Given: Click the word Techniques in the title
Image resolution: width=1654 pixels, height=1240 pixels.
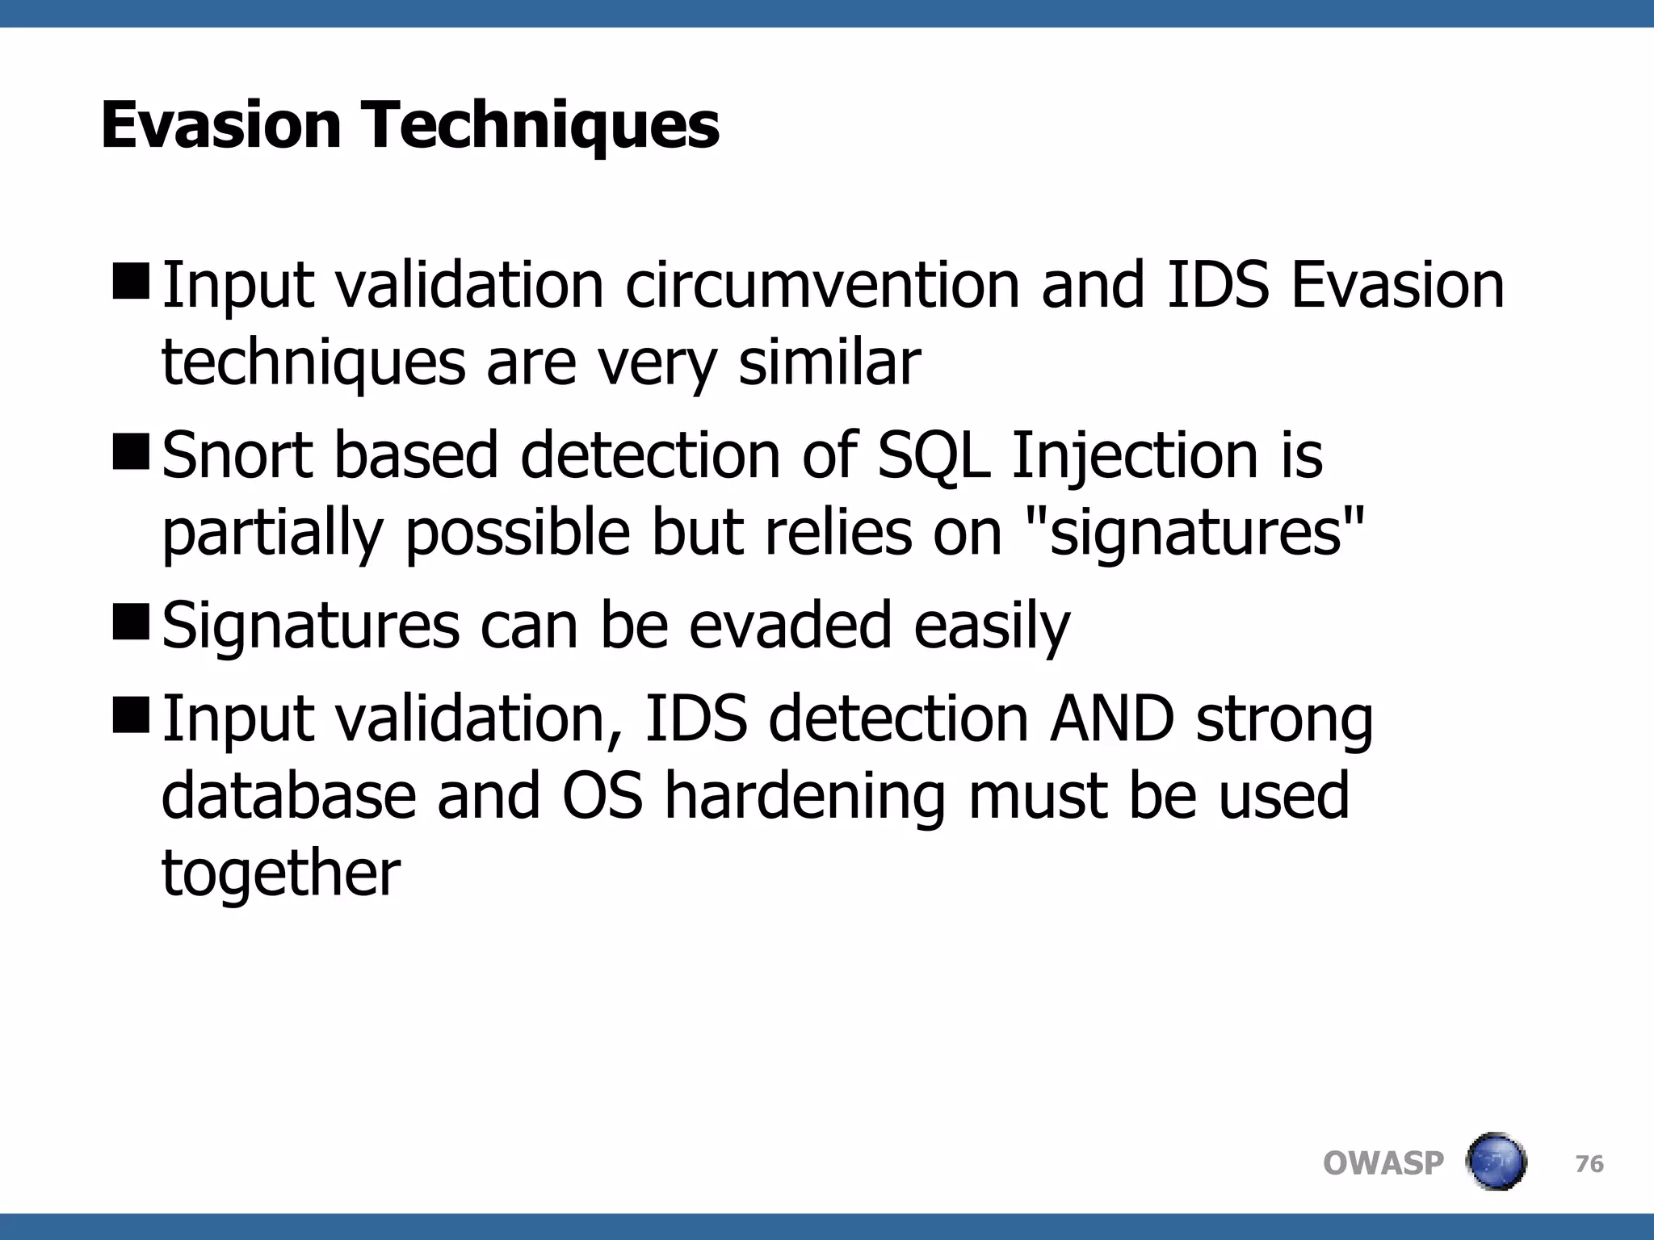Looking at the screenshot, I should point(543,128).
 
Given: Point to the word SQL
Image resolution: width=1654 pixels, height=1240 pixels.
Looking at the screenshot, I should point(933,457).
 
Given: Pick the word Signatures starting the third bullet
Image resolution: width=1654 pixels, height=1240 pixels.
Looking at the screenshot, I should point(310,626).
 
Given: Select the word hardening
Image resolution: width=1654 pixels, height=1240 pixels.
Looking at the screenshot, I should point(804,796).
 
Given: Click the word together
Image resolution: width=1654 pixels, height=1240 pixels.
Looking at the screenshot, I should point(280,873).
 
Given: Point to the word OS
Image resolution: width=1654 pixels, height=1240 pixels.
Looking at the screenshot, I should point(602,796).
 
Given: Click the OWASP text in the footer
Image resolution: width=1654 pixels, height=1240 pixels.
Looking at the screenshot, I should point(1383,1163).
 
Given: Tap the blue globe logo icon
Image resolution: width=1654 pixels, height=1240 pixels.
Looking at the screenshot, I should point(1496,1162).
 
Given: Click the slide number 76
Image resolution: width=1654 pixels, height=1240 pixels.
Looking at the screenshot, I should point(1589,1164).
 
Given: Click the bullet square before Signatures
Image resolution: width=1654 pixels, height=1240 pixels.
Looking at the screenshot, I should point(131,621).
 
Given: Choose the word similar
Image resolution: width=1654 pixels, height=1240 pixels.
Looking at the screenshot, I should point(829,362).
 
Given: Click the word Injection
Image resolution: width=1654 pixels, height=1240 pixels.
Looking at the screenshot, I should point(1134,457).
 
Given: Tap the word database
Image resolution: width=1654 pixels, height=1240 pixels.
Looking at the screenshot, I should point(288,796).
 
